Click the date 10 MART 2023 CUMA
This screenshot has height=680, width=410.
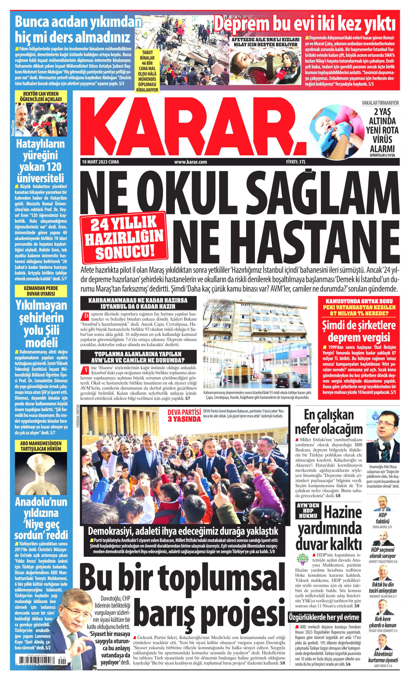click(100, 162)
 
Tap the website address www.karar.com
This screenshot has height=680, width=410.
click(191, 162)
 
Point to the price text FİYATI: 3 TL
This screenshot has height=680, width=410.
click(296, 162)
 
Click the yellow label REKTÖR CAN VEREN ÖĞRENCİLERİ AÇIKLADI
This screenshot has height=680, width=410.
click(41, 96)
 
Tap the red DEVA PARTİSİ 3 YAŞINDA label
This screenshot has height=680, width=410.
click(184, 415)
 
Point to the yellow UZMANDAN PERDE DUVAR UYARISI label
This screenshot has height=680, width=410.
click(41, 291)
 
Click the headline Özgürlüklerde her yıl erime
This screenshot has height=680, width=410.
click(324, 617)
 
